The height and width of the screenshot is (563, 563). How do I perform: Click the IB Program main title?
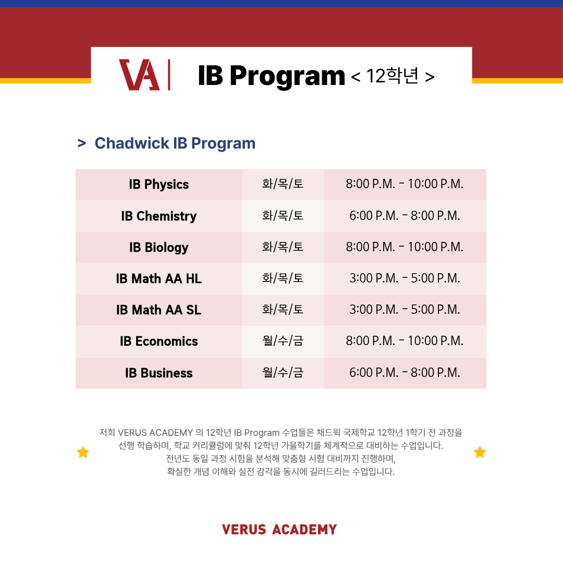click(x=272, y=76)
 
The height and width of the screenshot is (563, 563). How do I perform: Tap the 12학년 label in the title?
click(x=393, y=76)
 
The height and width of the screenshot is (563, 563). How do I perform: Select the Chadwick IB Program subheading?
click(x=175, y=143)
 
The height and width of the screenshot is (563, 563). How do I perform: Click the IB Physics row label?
click(x=158, y=185)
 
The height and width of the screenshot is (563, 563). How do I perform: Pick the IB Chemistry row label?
click(x=158, y=216)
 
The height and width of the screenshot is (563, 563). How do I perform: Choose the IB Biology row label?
click(x=158, y=248)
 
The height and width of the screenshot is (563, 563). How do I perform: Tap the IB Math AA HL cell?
click(x=158, y=278)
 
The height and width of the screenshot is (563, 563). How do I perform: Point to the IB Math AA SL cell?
click(x=158, y=310)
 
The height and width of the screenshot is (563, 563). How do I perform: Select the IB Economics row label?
click(x=158, y=341)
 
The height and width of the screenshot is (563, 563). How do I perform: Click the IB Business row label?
click(x=158, y=373)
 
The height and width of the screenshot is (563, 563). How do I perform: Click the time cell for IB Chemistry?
click(x=405, y=216)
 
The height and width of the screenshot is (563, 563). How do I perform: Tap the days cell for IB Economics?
click(x=283, y=341)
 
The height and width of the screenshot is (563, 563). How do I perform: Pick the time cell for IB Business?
click(x=405, y=373)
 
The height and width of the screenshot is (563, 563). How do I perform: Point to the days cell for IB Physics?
click(x=283, y=184)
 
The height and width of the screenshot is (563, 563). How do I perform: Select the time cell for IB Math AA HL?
click(x=405, y=278)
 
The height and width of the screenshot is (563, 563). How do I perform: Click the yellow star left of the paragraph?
click(x=83, y=452)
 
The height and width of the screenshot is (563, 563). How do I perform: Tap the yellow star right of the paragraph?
click(x=480, y=452)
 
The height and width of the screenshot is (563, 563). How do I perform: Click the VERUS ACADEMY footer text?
click(x=279, y=530)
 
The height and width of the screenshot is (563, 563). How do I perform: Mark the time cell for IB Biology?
click(x=405, y=247)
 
